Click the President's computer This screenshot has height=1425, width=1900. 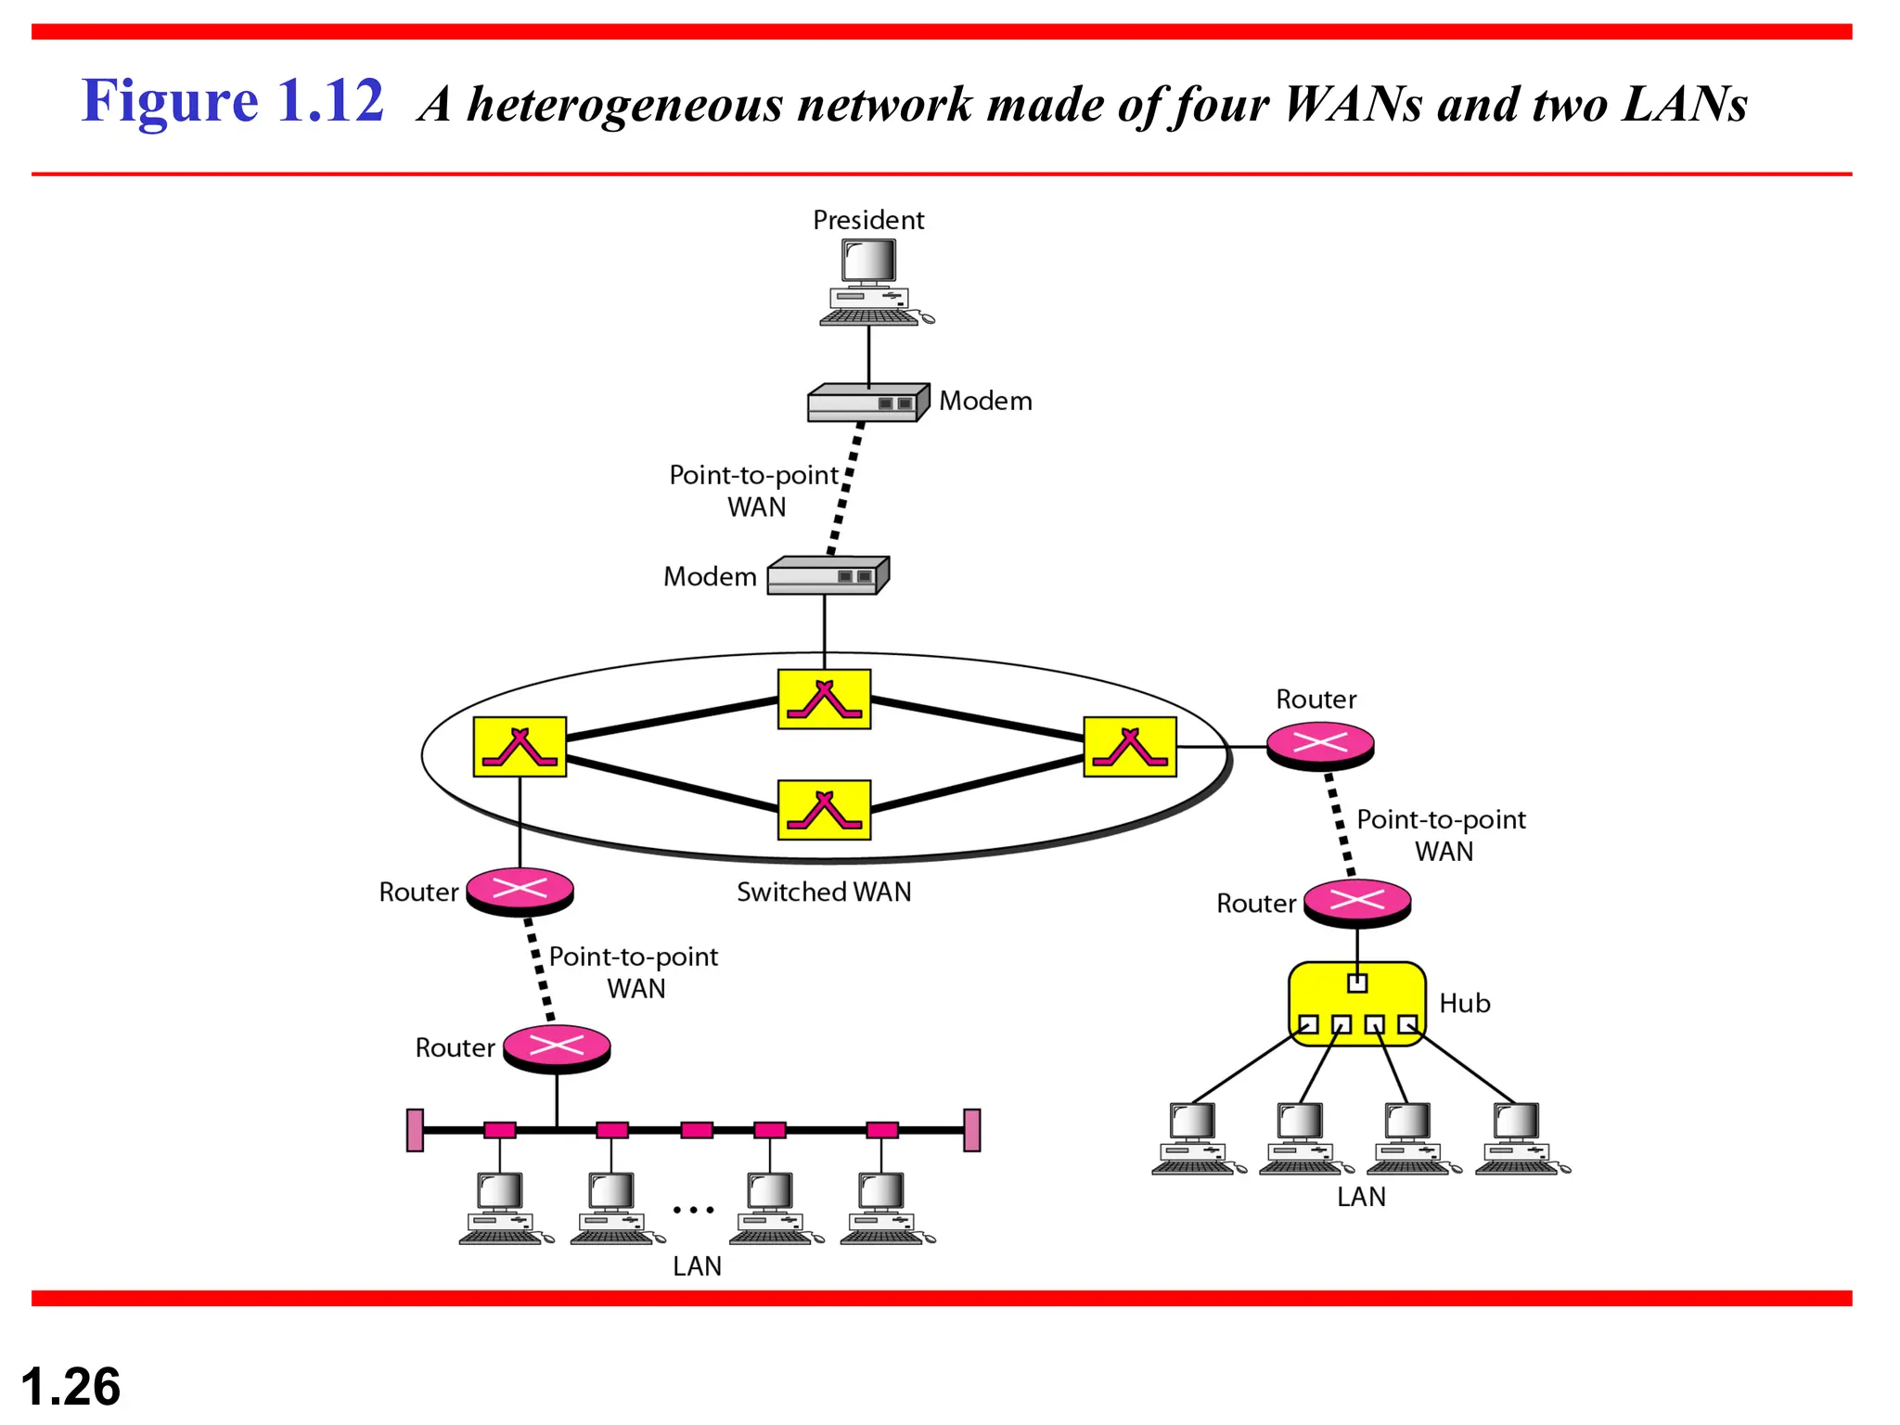pyautogui.click(x=871, y=281)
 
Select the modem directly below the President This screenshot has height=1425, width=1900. pyautogui.click(x=867, y=404)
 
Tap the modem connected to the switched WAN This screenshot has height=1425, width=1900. pyautogui.click(x=827, y=575)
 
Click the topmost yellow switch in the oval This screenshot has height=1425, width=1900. pyautogui.click(x=824, y=700)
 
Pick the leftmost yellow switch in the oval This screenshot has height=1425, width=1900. pyautogui.click(x=520, y=746)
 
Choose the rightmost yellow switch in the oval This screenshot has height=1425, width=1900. pyautogui.click(x=1130, y=746)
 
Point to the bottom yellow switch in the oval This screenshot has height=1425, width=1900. pyautogui.click(x=824, y=810)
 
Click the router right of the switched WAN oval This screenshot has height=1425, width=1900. pyautogui.click(x=1320, y=745)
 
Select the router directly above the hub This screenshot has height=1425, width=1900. pyautogui.click(x=1357, y=902)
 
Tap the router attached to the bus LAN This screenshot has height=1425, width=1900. pyautogui.click(x=557, y=1048)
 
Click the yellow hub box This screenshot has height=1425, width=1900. pyautogui.click(x=1357, y=1004)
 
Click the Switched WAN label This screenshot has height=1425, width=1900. pyautogui.click(x=824, y=892)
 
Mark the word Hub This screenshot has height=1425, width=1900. pyautogui.click(x=1465, y=1003)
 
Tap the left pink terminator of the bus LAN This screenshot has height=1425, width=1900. pyautogui.click(x=416, y=1130)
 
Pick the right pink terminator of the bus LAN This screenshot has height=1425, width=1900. pyautogui.click(x=972, y=1130)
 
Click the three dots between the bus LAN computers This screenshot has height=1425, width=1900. pyautogui.click(x=693, y=1210)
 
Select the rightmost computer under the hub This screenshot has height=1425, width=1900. pyautogui.click(x=1520, y=1138)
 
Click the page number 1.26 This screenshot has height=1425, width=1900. pyautogui.click(x=71, y=1386)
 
